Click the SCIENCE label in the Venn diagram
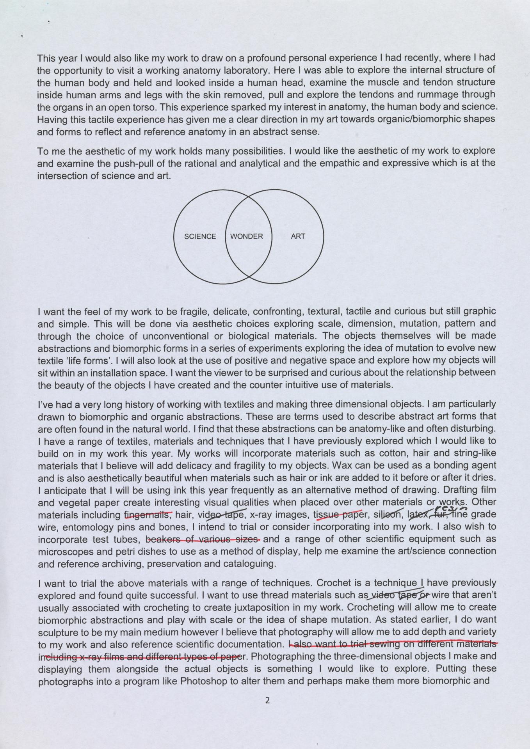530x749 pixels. point(200,236)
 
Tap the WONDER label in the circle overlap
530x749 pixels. point(247,236)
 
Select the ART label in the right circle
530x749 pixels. point(298,236)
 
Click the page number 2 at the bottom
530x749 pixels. point(267,700)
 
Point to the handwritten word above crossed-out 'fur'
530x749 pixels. point(451,509)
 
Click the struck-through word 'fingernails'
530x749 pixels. point(148,515)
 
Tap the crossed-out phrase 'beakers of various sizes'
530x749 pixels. point(203,540)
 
